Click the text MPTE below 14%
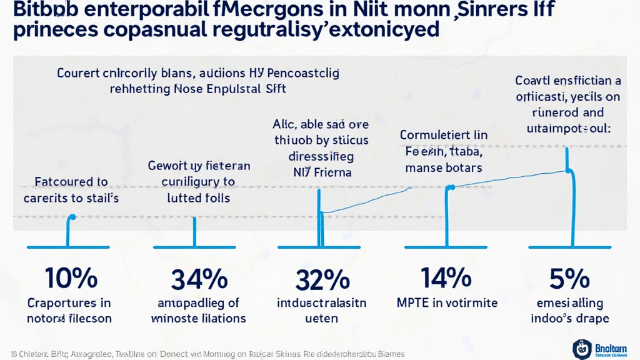[414, 302]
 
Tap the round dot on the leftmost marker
[72, 217]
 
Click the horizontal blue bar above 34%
[194, 247]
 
